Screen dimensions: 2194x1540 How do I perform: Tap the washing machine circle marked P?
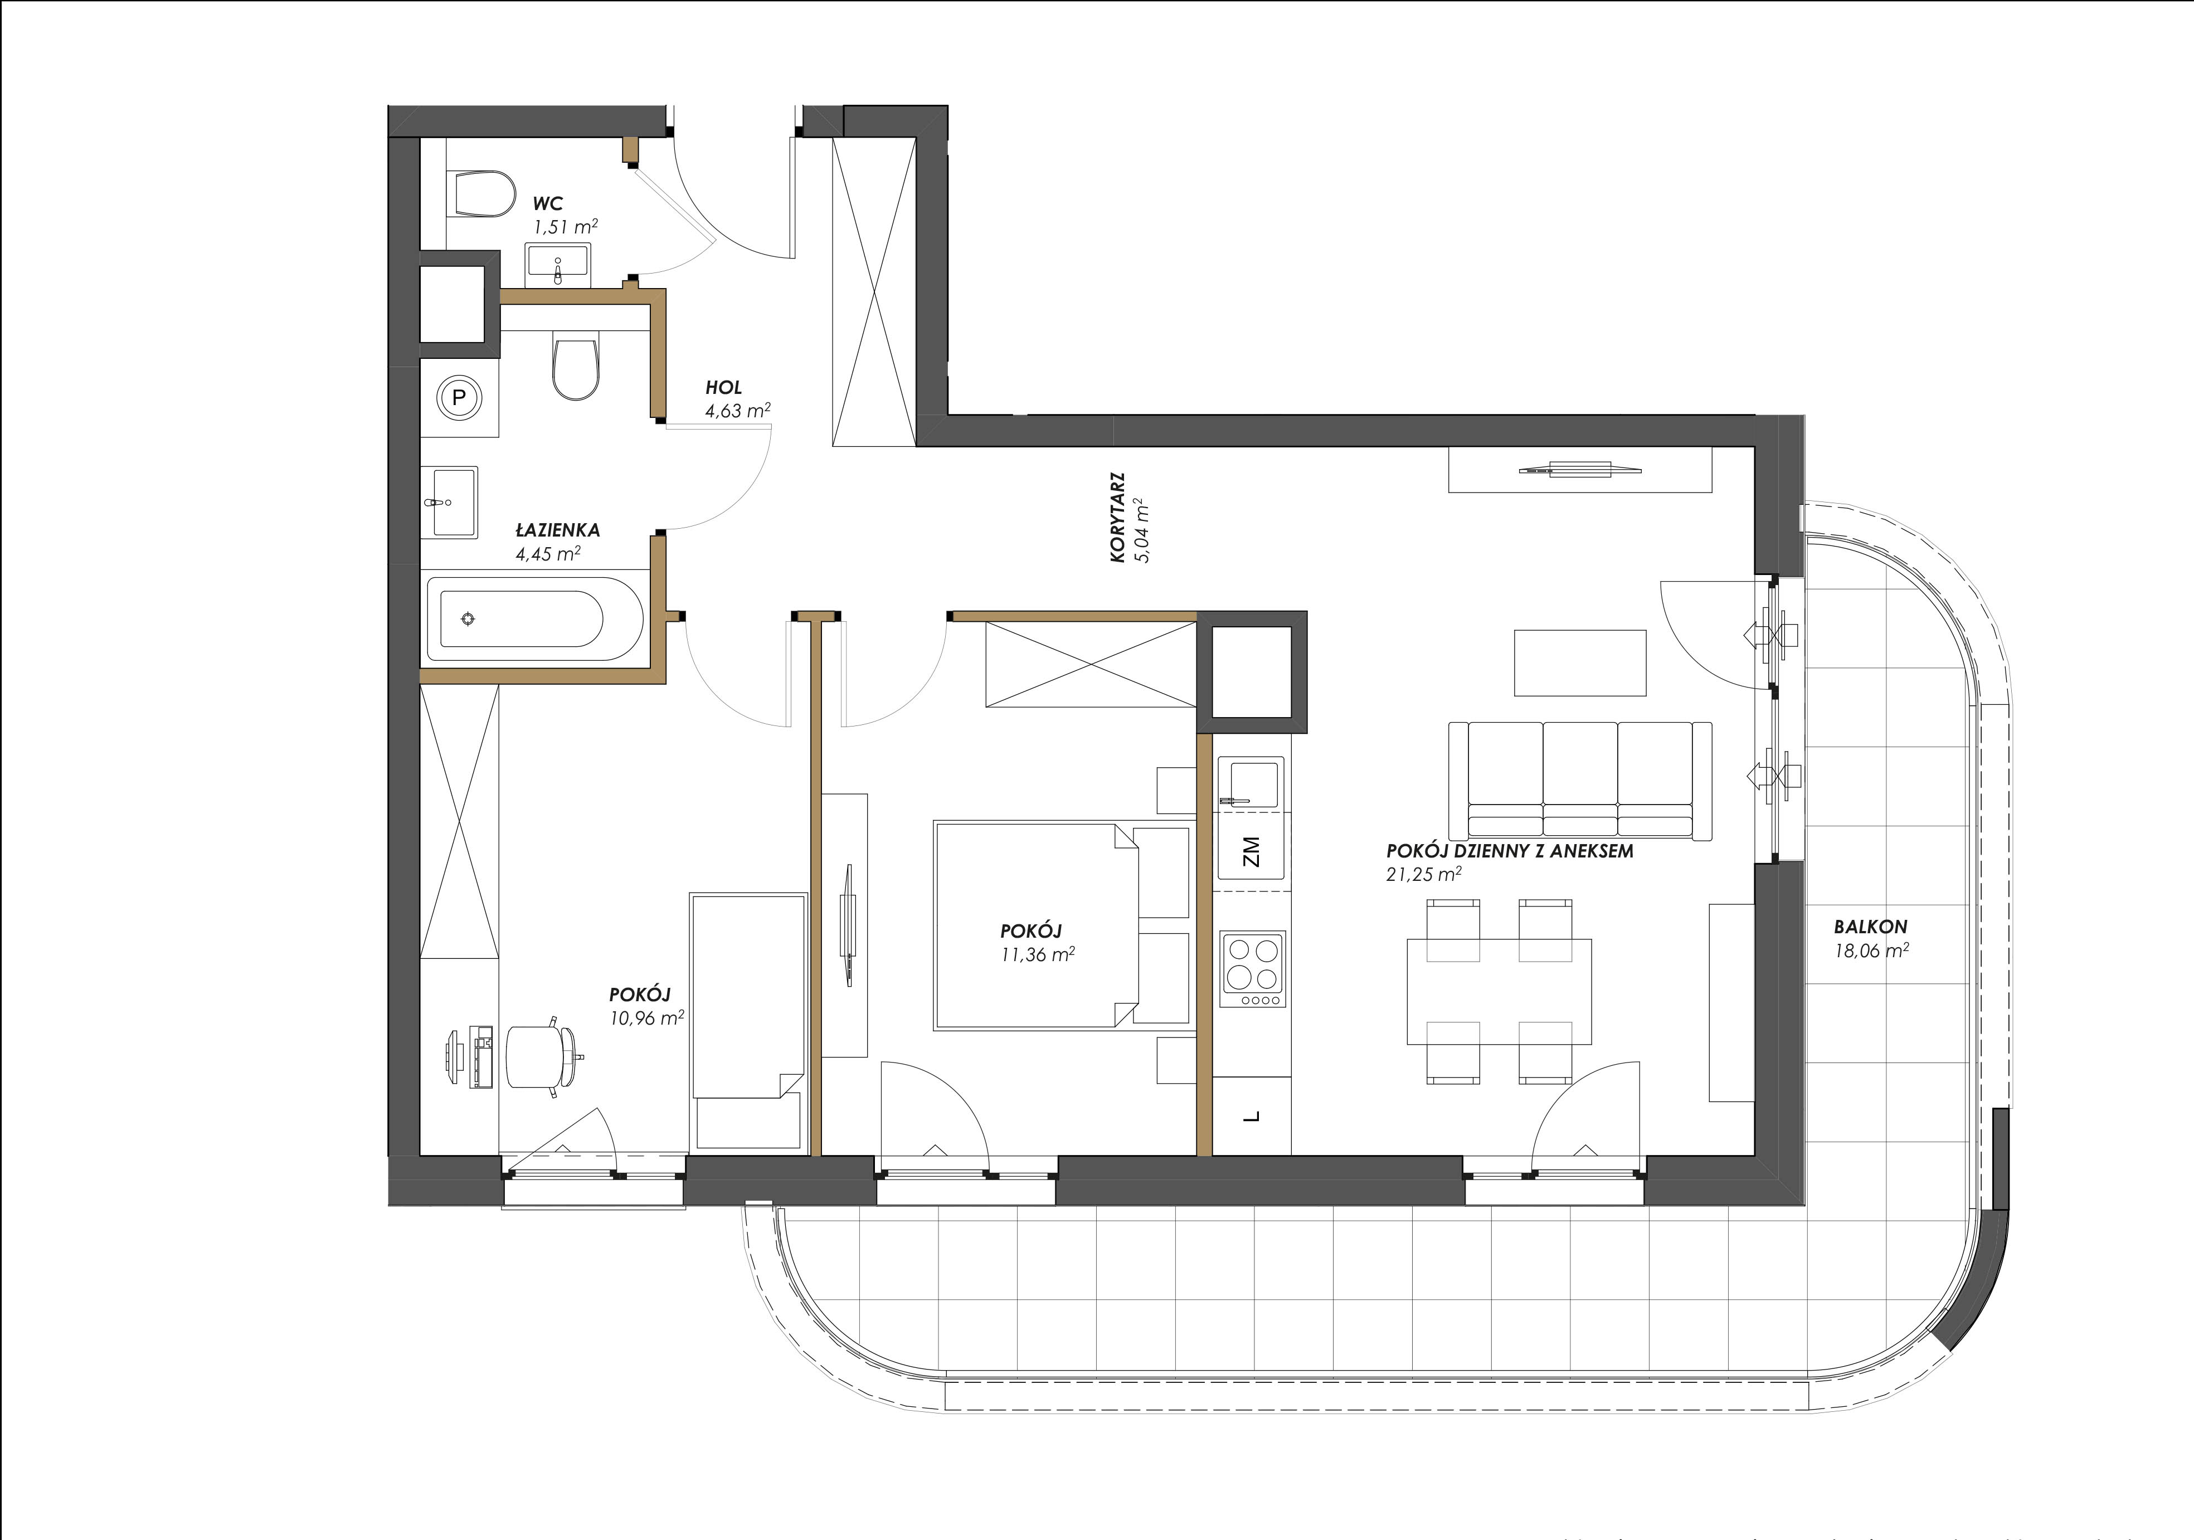[x=459, y=397]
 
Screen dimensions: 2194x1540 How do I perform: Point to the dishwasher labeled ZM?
[x=1252, y=851]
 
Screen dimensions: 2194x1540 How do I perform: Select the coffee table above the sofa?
[x=1579, y=662]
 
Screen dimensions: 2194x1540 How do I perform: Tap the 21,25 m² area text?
[x=1423, y=873]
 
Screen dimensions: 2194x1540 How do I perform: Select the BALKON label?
[x=1870, y=927]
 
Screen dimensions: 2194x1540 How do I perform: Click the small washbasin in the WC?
[x=558, y=264]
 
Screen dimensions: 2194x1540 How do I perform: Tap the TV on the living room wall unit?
[x=1579, y=468]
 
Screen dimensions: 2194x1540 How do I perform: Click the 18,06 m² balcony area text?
[x=1871, y=951]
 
